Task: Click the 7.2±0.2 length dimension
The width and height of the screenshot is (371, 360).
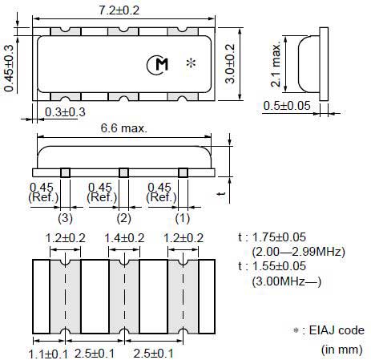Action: coord(119,10)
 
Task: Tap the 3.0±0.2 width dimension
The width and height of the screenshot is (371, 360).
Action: coord(230,63)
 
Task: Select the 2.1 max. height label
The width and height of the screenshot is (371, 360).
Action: coord(276,64)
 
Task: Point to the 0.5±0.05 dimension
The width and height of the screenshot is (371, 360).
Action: coord(287,106)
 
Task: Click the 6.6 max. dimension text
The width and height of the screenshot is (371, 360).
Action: coord(124,128)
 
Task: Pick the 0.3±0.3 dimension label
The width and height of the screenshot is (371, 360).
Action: coord(65,112)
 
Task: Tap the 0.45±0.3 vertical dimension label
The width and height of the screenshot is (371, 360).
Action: coord(9,68)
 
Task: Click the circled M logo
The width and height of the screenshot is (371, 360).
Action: coord(158,65)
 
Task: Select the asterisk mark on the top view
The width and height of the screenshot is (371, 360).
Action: coord(192,63)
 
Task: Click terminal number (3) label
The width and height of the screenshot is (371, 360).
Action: coord(65,218)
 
